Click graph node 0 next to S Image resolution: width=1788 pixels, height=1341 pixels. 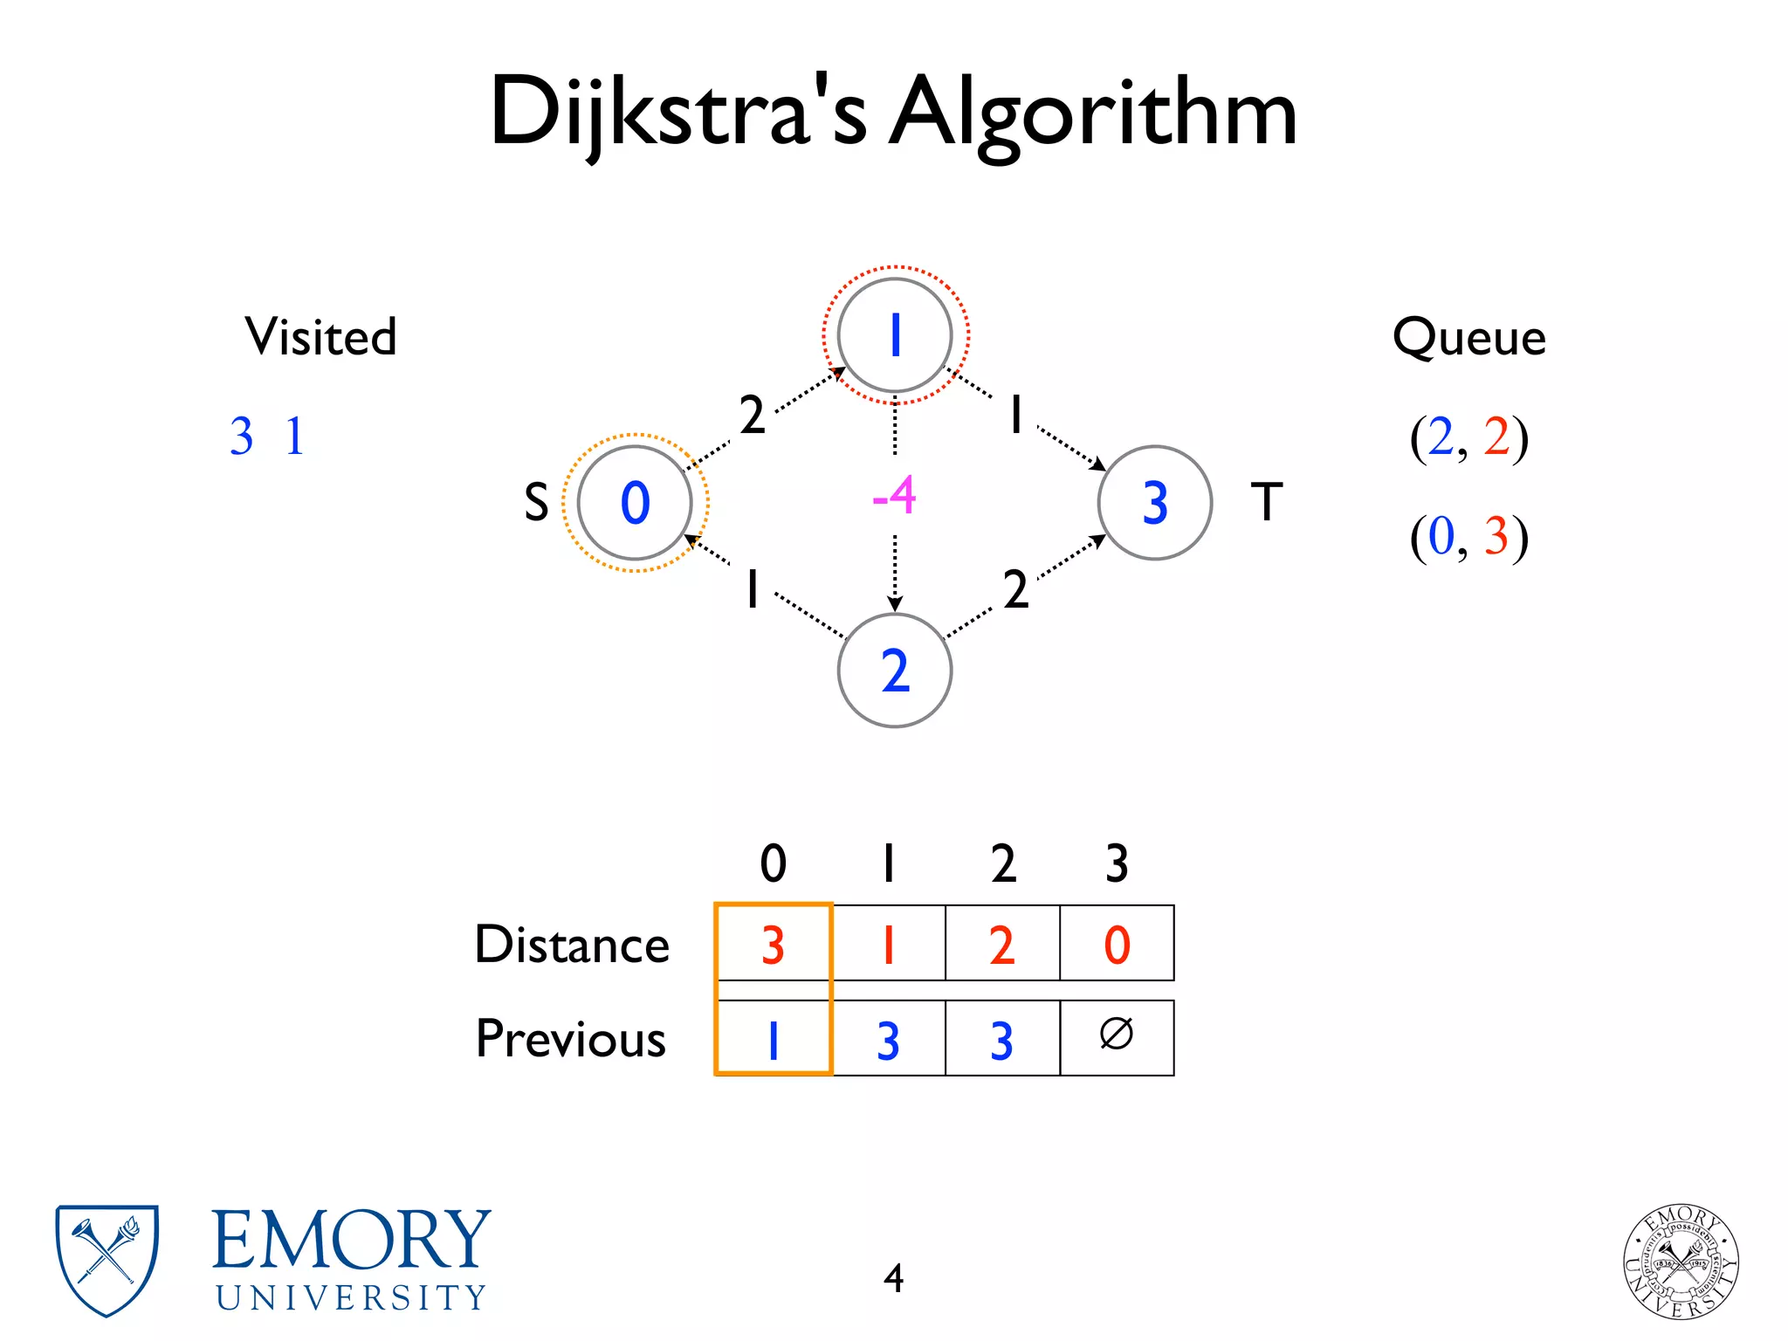(x=635, y=503)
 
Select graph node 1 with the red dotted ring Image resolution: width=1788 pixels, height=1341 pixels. (x=895, y=335)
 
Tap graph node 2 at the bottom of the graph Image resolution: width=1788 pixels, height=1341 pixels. (x=895, y=670)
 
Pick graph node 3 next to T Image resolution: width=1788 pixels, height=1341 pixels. (x=1154, y=503)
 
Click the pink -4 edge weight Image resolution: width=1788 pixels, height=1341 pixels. (x=894, y=496)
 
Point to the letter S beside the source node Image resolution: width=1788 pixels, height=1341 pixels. (x=536, y=503)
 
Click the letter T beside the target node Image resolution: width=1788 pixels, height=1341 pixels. (x=1267, y=502)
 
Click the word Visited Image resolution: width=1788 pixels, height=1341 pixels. (x=320, y=337)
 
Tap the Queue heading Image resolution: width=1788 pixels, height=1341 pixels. (x=1468, y=337)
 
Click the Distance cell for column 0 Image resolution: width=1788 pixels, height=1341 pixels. (x=773, y=944)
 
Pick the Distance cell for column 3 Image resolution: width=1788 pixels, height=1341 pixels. (x=1117, y=944)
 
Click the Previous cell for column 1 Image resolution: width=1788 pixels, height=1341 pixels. (x=888, y=1039)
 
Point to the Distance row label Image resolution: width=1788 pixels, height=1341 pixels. (x=572, y=945)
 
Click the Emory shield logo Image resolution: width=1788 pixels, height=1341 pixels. (x=107, y=1260)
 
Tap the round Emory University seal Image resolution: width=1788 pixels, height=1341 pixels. (x=1680, y=1262)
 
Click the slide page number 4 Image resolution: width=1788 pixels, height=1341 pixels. (x=893, y=1278)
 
